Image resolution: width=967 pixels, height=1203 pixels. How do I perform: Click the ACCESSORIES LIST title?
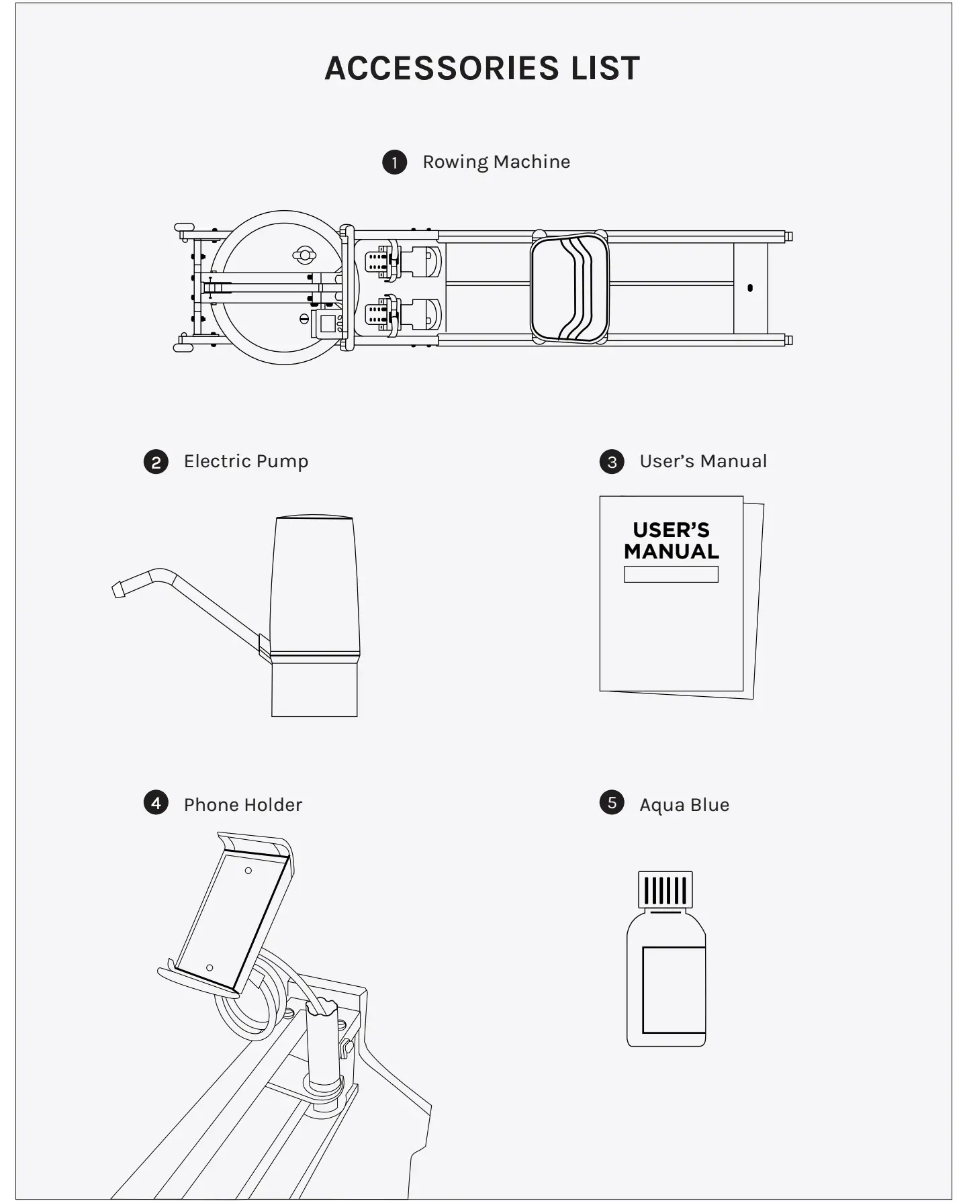click(x=482, y=68)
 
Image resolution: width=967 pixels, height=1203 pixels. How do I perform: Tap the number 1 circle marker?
click(x=395, y=162)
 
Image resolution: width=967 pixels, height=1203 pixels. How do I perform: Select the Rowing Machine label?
click(x=496, y=162)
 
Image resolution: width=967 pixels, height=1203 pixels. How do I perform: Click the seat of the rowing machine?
click(x=569, y=287)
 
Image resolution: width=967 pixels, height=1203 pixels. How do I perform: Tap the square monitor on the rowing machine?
click(x=327, y=324)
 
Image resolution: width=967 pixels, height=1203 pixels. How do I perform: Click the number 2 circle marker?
click(x=156, y=462)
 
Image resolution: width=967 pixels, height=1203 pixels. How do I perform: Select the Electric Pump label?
click(x=246, y=461)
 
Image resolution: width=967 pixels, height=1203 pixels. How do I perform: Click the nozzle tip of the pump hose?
click(x=119, y=589)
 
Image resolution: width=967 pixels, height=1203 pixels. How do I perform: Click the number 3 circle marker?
click(x=612, y=462)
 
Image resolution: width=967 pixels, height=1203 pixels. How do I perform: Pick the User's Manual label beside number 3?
click(x=702, y=461)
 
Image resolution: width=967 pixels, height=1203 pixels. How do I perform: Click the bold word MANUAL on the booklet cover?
click(x=671, y=552)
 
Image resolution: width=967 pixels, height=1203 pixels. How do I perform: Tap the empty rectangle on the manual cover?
click(x=671, y=574)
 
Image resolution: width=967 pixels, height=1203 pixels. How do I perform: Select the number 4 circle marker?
click(x=156, y=803)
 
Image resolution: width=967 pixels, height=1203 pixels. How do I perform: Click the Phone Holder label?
click(x=242, y=805)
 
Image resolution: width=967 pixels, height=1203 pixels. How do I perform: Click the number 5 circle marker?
click(x=612, y=803)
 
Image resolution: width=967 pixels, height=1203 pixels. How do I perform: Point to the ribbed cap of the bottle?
click(x=665, y=890)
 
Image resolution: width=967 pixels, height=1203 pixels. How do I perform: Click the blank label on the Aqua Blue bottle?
click(x=674, y=990)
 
